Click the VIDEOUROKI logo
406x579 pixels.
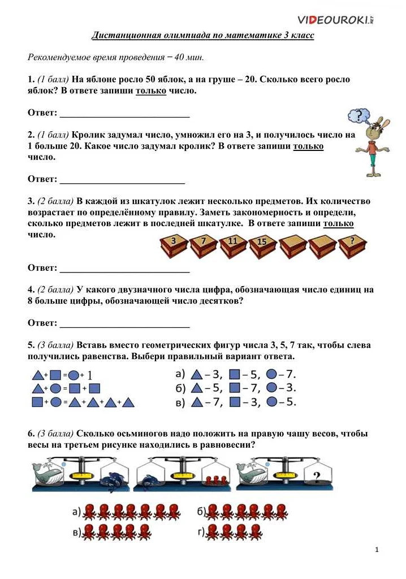click(335, 20)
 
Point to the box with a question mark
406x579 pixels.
click(353, 245)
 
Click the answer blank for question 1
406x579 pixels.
click(124, 113)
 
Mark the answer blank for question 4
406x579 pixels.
click(124, 323)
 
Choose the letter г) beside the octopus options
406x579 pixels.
click(201, 532)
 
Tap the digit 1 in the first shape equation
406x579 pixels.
click(89, 375)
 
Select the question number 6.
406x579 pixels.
click(31, 434)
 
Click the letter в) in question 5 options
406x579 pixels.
click(180, 402)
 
